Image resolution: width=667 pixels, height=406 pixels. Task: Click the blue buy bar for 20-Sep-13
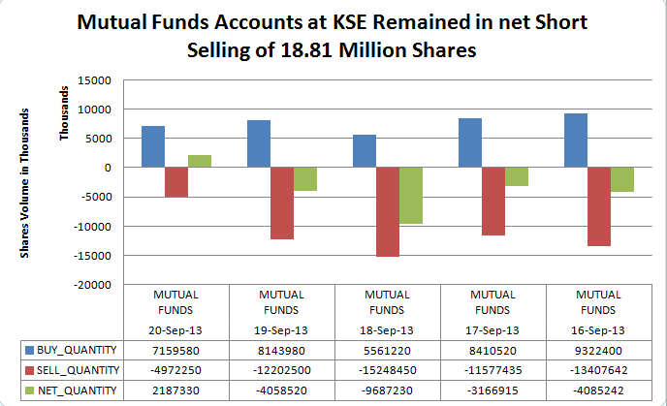tap(152, 146)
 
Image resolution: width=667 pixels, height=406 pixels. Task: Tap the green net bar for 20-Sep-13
tap(200, 161)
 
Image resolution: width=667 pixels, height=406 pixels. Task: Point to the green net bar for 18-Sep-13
tap(411, 196)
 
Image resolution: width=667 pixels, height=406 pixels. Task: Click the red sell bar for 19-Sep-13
tap(282, 203)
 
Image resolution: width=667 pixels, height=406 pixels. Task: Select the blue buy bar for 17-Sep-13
tap(469, 142)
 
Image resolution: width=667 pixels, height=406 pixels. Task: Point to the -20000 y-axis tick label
tap(94, 285)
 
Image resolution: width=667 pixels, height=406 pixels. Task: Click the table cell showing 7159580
tap(176, 348)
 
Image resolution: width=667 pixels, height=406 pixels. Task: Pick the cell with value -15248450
tap(387, 369)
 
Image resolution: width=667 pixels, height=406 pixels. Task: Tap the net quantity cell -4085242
tap(599, 390)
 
